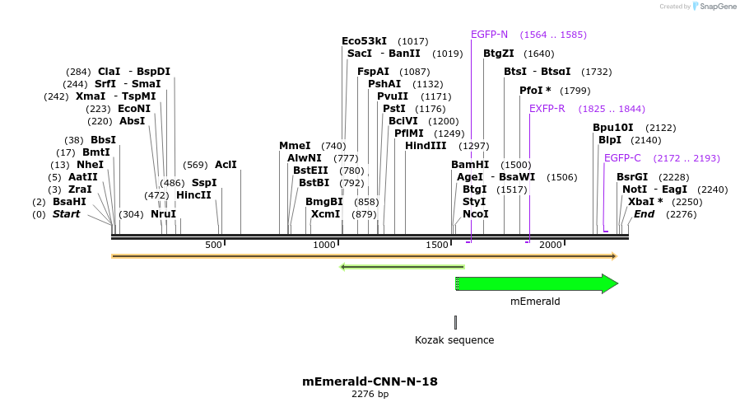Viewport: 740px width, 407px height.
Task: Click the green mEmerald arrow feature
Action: pos(535,283)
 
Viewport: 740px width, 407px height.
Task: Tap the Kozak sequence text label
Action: pos(454,340)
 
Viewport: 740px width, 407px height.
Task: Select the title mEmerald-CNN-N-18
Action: pos(370,381)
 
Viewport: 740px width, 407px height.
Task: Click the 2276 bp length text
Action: pos(370,395)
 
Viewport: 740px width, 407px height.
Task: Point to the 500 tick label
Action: pos(213,246)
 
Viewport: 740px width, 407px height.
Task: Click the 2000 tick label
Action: pos(550,246)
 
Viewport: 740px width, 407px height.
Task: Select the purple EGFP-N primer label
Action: pos(489,35)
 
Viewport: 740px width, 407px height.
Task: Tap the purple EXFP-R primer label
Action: pos(547,109)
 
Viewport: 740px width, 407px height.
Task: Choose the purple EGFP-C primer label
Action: pos(622,158)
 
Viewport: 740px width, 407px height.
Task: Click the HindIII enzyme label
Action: pos(426,146)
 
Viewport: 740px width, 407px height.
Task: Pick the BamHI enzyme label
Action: pos(470,165)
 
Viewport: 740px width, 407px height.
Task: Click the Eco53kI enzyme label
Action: pos(364,41)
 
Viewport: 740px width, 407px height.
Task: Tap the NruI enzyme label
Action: pos(163,214)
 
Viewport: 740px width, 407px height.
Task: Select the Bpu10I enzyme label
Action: pos(613,128)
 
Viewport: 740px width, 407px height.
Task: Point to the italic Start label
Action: pos(67,214)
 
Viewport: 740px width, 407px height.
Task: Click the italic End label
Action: pos(644,214)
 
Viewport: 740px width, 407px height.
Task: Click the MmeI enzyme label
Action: pos(295,146)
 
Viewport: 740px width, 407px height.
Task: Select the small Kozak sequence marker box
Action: pos(455,322)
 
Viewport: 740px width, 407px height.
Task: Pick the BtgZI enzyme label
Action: pos(498,54)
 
